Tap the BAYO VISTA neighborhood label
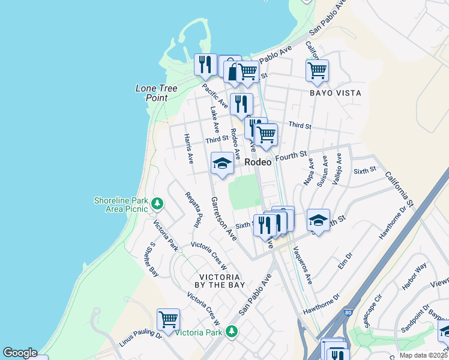coord(335,93)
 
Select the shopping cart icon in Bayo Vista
coord(317,70)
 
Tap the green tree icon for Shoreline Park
coord(157,204)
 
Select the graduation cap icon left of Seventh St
coord(318,220)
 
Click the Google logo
coord(20,353)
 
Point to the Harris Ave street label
coord(188,149)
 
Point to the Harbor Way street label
coord(414,275)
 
